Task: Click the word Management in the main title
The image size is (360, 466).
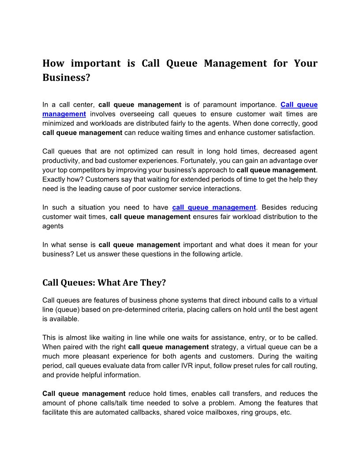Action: (x=235, y=63)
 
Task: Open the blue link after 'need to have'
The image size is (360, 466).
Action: (x=214, y=207)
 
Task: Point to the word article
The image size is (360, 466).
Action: (x=230, y=254)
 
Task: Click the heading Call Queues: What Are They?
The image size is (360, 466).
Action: (x=104, y=282)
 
